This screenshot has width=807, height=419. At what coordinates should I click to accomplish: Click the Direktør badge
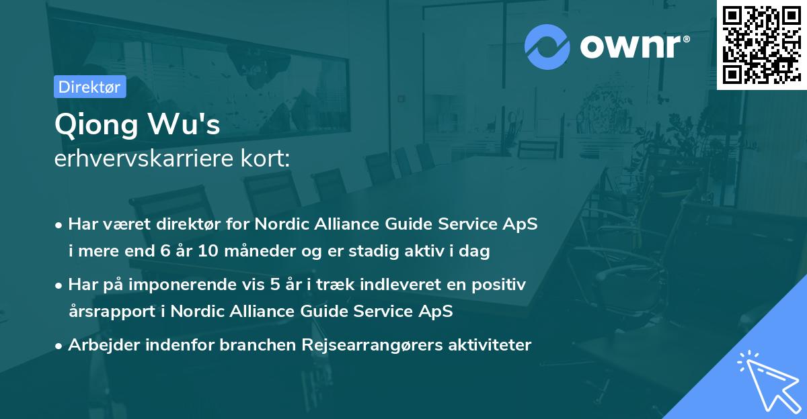pyautogui.click(x=89, y=87)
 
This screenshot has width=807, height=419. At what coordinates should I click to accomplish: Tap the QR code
pyautogui.click(x=761, y=45)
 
